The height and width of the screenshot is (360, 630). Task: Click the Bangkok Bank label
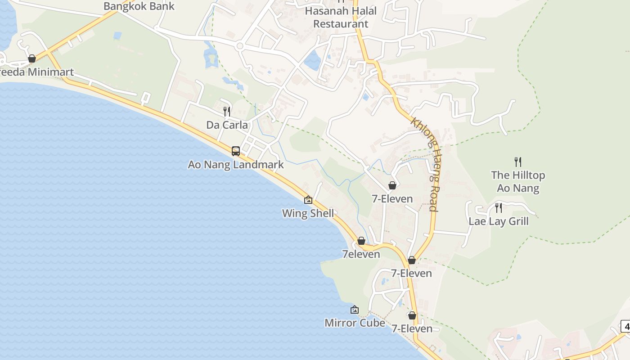pos(139,6)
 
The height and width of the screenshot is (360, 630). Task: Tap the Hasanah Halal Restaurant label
pos(341,17)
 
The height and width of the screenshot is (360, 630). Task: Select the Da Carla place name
pos(227,125)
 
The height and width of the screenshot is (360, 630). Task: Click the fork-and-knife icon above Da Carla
pos(227,111)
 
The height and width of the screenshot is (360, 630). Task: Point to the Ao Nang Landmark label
pos(236,165)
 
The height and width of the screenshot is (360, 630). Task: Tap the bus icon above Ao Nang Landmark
pos(236,151)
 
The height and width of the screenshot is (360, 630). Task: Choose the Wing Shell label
pos(308,213)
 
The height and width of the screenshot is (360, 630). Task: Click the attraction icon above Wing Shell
pos(308,200)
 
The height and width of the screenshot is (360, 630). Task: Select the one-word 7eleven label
pos(361,254)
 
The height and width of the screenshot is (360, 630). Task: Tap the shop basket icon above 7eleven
pos(361,241)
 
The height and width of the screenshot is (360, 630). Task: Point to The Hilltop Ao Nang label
pos(518,181)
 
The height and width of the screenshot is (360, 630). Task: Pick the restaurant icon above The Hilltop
pos(518,162)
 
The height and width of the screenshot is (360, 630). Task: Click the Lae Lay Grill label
pos(499,221)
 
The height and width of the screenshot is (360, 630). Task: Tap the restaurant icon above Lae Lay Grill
pos(499,208)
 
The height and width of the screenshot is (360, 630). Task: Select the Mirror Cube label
pos(355,323)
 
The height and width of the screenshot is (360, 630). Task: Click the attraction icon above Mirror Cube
pos(355,310)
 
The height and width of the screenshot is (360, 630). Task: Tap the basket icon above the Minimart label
pos(32,58)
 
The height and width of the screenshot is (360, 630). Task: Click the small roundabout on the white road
pos(239,46)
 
